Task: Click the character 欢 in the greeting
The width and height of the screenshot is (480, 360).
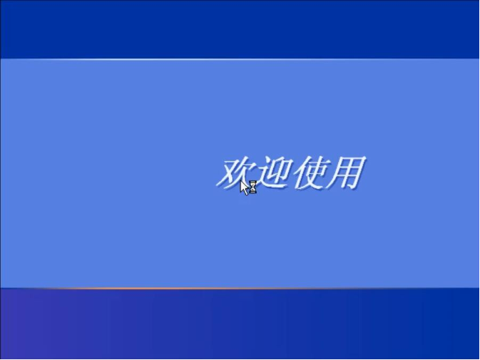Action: (235, 173)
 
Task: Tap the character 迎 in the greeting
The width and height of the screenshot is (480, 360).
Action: (272, 173)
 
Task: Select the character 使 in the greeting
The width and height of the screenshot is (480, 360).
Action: (309, 173)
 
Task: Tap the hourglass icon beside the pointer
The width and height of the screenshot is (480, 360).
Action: (252, 187)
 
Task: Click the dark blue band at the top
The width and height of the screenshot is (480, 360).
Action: (240, 29)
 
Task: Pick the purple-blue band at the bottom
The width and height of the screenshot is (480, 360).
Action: (240, 324)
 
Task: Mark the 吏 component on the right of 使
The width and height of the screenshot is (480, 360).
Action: (314, 173)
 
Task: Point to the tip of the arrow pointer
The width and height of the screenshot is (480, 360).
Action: (241, 181)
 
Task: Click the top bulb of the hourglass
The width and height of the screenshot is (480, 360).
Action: (252, 185)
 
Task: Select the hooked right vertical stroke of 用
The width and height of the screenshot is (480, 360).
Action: (357, 174)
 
